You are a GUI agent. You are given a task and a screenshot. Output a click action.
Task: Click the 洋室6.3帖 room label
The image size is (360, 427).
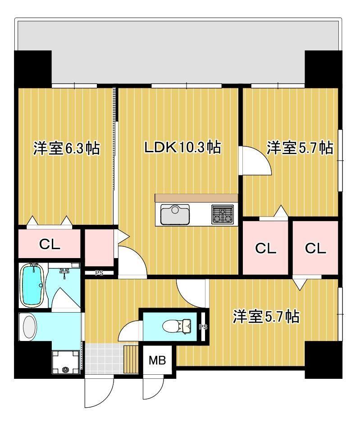tap(66, 148)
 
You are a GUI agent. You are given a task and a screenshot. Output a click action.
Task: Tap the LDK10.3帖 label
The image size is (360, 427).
tap(182, 147)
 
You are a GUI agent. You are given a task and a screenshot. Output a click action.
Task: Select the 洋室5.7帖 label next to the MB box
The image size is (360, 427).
tap(265, 317)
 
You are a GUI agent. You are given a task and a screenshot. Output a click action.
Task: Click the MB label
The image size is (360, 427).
tap(157, 360)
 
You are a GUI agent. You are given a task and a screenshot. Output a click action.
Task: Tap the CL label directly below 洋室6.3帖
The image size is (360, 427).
tap(50, 245)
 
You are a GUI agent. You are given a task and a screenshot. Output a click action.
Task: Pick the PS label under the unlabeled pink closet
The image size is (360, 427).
tap(99, 272)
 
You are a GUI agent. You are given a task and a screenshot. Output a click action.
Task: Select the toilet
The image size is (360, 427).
tap(176, 325)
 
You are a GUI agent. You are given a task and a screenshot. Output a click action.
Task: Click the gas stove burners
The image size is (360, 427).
tap(223, 214)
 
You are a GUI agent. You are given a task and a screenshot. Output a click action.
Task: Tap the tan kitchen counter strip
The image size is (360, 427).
tap(196, 198)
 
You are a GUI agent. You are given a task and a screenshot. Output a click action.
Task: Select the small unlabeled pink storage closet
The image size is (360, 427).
tap(99, 248)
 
